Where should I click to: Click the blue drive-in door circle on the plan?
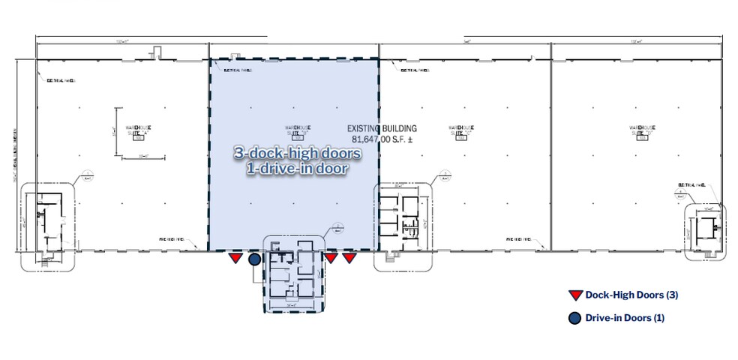pyautogui.click(x=255, y=259)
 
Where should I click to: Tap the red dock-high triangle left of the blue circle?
pyautogui.click(x=235, y=259)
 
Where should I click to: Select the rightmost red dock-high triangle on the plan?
pyautogui.click(x=349, y=259)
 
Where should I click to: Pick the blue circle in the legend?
pyautogui.click(x=574, y=318)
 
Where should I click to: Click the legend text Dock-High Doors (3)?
pyautogui.click(x=631, y=296)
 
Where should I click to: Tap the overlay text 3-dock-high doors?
pyautogui.click(x=298, y=154)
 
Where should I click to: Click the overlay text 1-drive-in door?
pyautogui.click(x=297, y=169)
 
